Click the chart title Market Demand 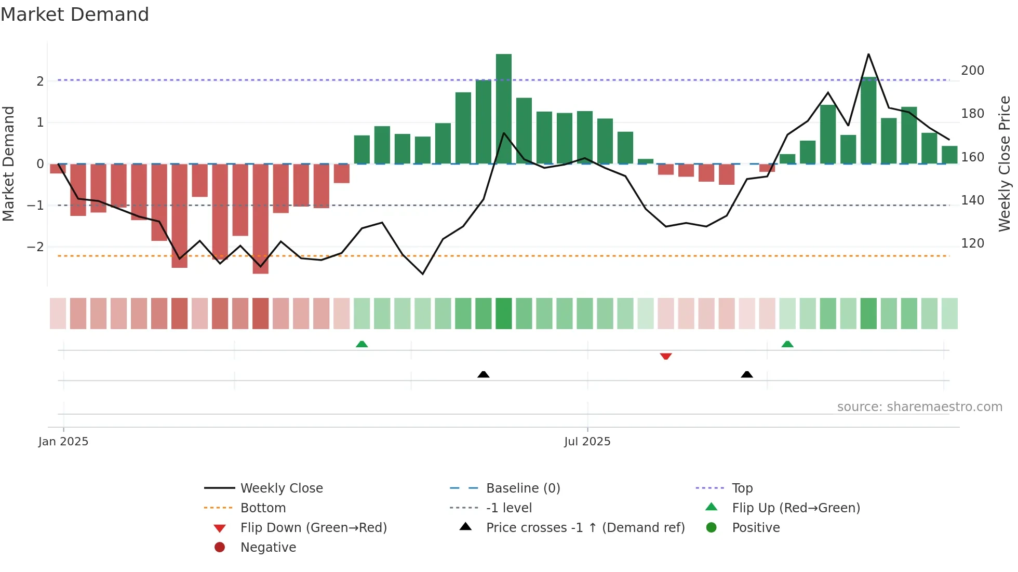75,15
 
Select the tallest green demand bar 503,109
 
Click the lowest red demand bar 260,218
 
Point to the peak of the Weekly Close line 868,55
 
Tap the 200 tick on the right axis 972,70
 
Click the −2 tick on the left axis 35,247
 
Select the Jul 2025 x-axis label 587,441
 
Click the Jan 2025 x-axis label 63,441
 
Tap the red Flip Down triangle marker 666,356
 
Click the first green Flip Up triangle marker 362,344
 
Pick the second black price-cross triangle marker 747,374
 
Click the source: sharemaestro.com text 919,406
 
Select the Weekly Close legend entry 281,488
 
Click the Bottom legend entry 263,508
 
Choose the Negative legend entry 268,547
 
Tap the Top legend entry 742,488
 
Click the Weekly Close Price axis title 1004,164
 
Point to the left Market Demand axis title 8,164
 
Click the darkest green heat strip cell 503,314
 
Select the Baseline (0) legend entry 523,488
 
